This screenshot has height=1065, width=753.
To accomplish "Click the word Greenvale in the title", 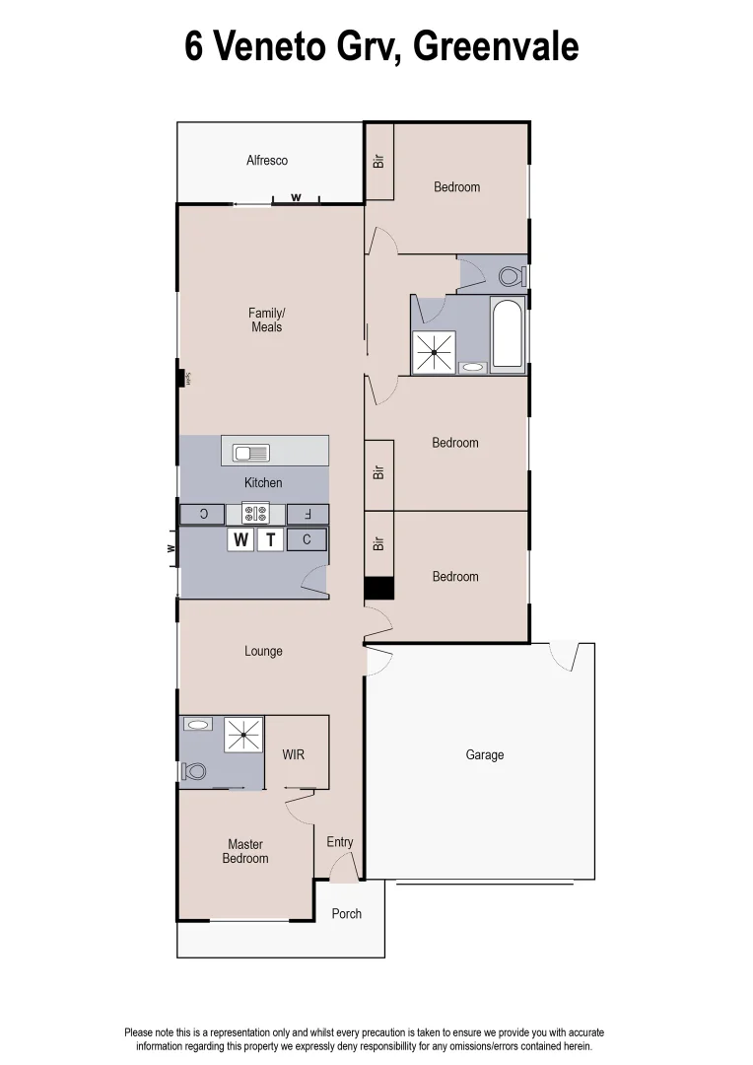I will (496, 46).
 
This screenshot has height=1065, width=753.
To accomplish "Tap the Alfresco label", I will (267, 160).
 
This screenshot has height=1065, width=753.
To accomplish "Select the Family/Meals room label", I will (266, 319).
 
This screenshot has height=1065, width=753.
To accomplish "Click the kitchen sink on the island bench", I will (251, 453).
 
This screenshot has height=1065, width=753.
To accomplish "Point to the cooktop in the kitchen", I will (255, 513).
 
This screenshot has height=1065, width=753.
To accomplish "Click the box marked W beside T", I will (240, 539).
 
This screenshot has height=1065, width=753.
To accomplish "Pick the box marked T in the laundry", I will (270, 539).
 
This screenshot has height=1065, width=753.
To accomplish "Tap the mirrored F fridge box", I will (308, 514).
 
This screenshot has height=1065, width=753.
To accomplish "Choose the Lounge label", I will (263, 651).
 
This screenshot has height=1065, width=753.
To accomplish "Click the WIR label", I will (294, 754).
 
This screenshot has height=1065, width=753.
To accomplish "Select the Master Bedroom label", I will (245, 851).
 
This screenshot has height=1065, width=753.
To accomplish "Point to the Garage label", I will (484, 754).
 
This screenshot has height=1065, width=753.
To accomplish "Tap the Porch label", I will (346, 914).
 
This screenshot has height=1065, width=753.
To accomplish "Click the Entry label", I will (340, 841).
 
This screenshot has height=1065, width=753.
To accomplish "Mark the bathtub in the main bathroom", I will (509, 335).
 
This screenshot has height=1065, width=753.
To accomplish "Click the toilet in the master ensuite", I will (194, 770).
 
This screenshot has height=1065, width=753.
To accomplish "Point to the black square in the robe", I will (379, 589).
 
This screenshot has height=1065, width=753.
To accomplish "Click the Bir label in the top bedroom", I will (378, 159).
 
